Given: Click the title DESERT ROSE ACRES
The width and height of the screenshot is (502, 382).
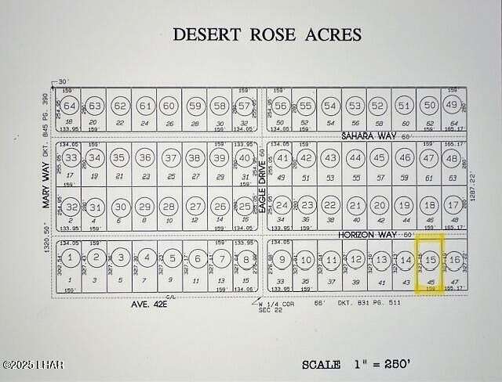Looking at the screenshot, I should pos(267,34).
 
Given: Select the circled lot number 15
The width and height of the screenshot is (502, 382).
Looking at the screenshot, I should pos(429,259).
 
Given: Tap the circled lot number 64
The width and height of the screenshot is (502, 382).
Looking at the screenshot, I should pos(70,106).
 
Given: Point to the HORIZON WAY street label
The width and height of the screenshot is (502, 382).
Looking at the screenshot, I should pos(367,234).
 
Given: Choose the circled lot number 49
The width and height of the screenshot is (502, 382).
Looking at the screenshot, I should pos(451,105).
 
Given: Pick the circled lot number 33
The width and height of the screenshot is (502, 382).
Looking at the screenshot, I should pos(71,158).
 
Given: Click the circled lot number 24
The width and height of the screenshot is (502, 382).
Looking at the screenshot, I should pos(282,207).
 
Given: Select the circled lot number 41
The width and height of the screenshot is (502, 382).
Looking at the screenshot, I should pos(282,158).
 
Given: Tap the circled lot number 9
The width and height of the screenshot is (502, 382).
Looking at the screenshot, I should pos(282,259).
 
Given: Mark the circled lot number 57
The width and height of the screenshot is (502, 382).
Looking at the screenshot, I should pos(245,106).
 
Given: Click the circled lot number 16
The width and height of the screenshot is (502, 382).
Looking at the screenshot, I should pos(453,259).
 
